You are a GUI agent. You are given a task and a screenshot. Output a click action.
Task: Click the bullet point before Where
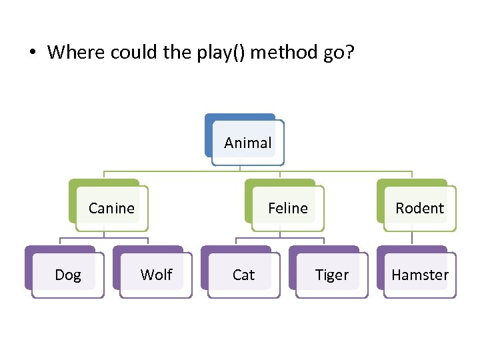point(32,53)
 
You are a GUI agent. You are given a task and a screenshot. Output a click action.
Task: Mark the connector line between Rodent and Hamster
point(412,238)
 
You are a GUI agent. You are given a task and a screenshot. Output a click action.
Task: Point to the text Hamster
point(420,275)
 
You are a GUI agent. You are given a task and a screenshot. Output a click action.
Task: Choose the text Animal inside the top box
point(248,143)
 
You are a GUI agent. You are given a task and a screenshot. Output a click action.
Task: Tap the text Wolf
point(156,275)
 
